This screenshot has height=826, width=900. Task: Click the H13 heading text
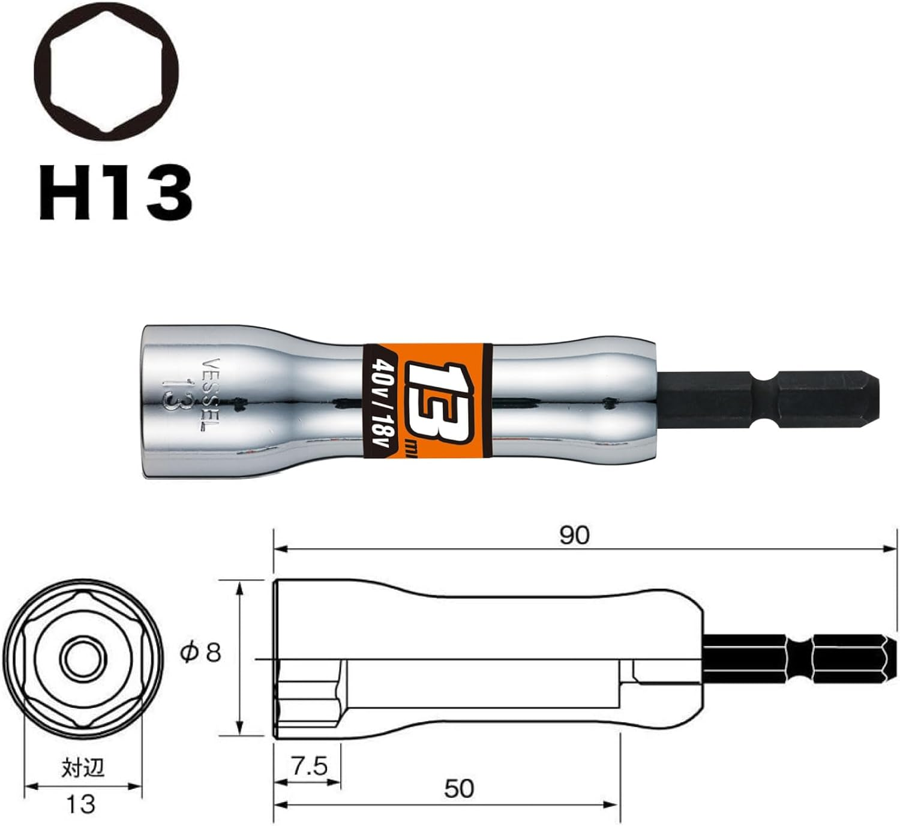pos(115,193)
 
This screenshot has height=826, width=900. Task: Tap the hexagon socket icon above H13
pos(106,72)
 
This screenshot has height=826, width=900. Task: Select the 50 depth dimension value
pos(459,788)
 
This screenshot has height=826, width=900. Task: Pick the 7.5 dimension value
pos(309,766)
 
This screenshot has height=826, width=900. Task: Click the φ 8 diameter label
pos(201,653)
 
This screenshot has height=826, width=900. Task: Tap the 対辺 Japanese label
pos(82,768)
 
